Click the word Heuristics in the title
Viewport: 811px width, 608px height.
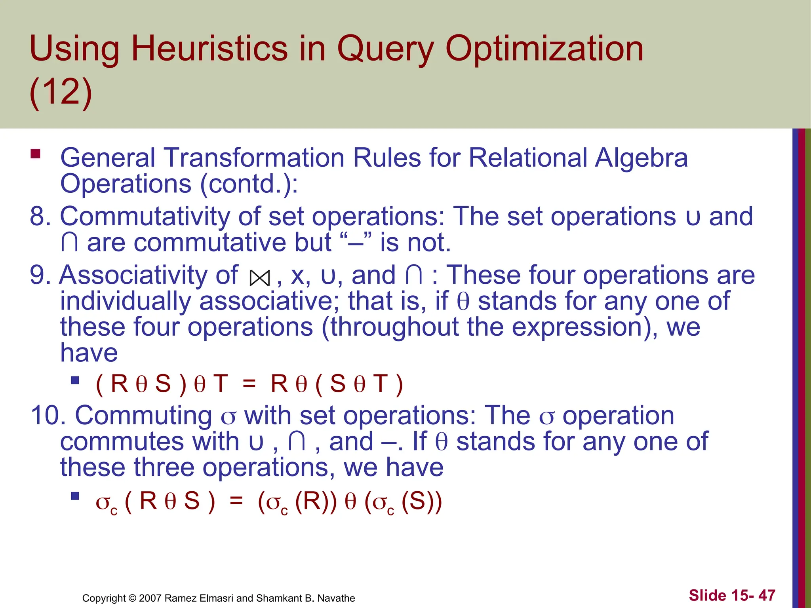[209, 49]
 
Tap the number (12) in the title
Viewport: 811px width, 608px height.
[61, 92]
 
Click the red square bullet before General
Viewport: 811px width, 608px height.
[36, 154]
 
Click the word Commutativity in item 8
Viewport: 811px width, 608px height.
[145, 217]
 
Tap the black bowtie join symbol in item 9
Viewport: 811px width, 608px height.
[260, 278]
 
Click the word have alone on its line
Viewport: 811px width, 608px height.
[89, 353]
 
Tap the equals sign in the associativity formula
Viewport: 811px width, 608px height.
[249, 384]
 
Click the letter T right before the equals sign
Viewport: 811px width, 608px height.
[221, 384]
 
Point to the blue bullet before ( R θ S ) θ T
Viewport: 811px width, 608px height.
[75, 381]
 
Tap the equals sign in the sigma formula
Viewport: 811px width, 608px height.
[236, 501]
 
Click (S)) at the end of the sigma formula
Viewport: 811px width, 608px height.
[421, 501]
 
